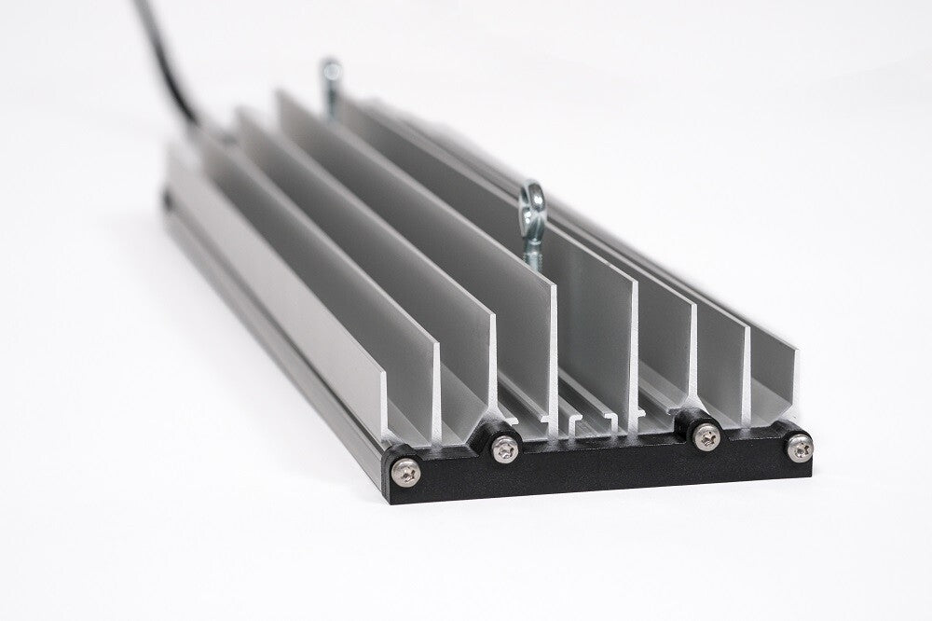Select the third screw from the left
(x=706, y=434)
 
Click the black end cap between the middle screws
(x=606, y=462)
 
